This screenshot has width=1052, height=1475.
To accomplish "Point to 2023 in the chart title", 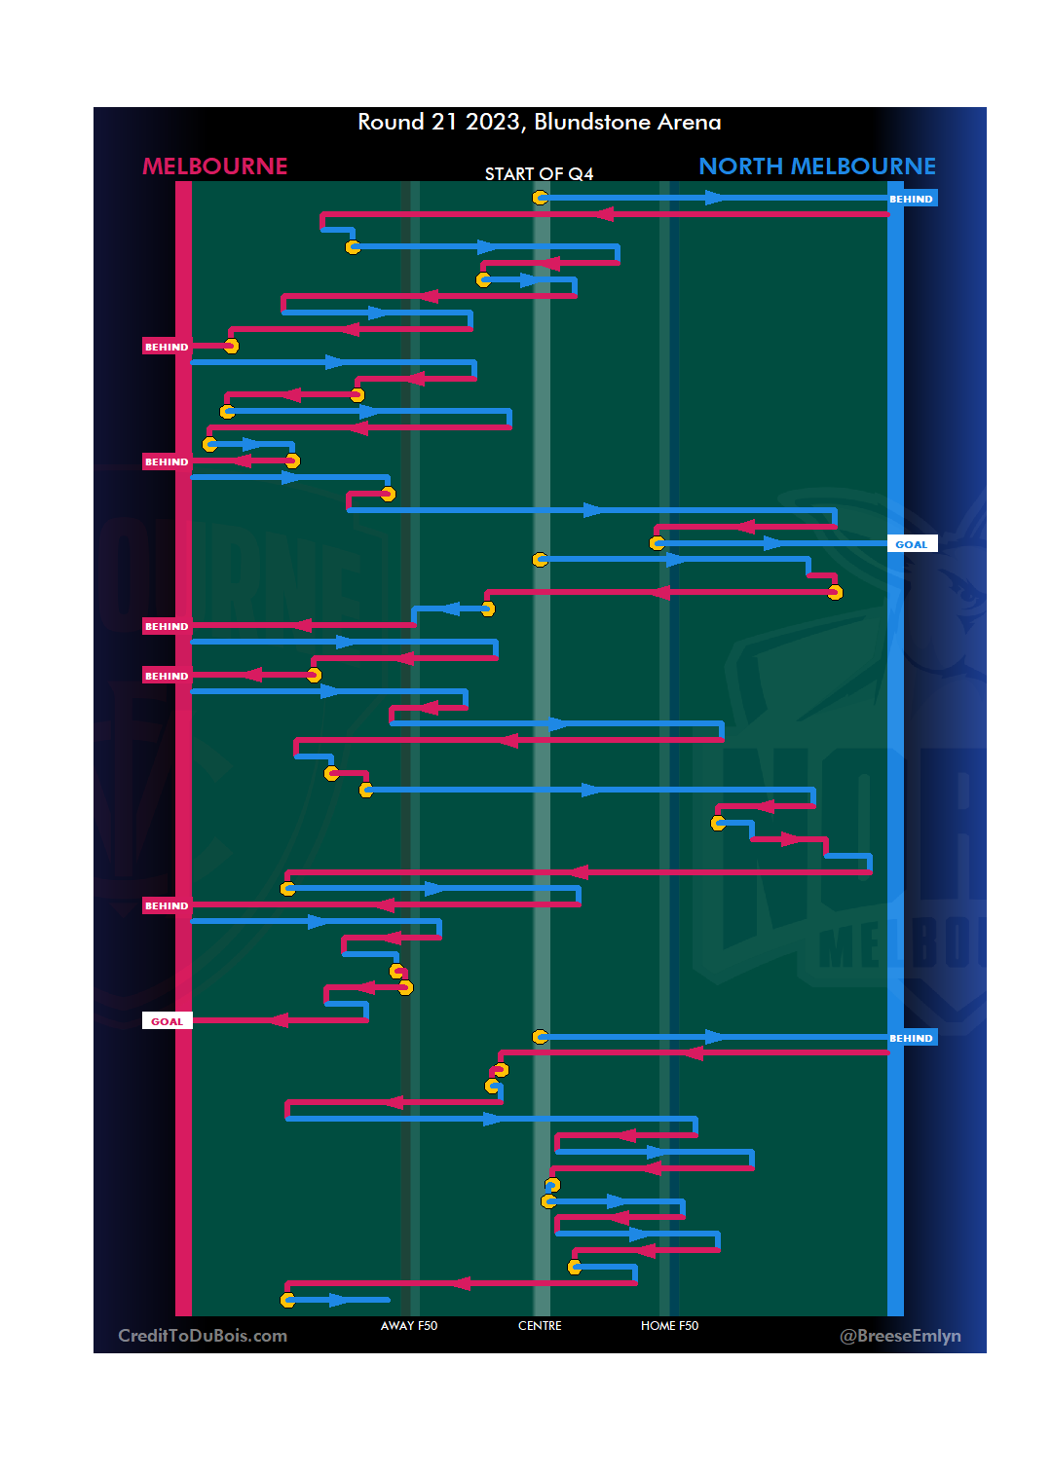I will (x=492, y=122).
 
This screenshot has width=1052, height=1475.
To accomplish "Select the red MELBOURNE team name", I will (x=215, y=166).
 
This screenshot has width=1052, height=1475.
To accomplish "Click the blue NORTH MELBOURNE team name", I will (x=817, y=166).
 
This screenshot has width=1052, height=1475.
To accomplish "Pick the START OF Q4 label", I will (x=539, y=174).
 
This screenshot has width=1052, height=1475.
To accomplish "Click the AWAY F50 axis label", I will (x=409, y=1326).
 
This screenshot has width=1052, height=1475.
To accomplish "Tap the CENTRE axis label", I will (x=540, y=1326).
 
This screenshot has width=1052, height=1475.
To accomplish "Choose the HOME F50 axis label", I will (x=669, y=1326).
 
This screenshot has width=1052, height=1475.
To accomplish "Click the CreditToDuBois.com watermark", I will (x=203, y=1336).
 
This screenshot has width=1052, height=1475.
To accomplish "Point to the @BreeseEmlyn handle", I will (x=900, y=1336).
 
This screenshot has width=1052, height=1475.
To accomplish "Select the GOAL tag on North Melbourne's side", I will (x=912, y=544).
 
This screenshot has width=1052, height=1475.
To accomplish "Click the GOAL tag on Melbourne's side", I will (x=167, y=1021).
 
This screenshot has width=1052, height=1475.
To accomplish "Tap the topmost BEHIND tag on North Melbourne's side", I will (x=912, y=199).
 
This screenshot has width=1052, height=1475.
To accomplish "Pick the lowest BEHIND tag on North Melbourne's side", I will (x=912, y=1038).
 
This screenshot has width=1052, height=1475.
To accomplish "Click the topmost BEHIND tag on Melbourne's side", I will (x=167, y=347).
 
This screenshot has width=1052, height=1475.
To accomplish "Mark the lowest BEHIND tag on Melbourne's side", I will (x=167, y=905).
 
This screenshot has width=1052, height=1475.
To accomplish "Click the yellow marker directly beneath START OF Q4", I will (x=541, y=198).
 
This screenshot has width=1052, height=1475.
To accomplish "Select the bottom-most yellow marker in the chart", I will (x=288, y=1300).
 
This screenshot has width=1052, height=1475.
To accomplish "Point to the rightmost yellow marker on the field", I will (x=835, y=592).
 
